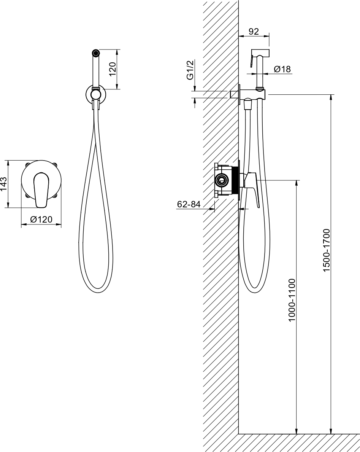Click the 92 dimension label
[254, 32]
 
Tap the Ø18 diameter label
[282, 69]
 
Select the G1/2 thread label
[190, 70]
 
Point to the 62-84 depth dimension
[189, 204]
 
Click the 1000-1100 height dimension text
[292, 300]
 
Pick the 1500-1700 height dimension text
[326, 250]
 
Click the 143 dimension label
[3, 184]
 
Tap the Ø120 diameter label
[41, 220]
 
